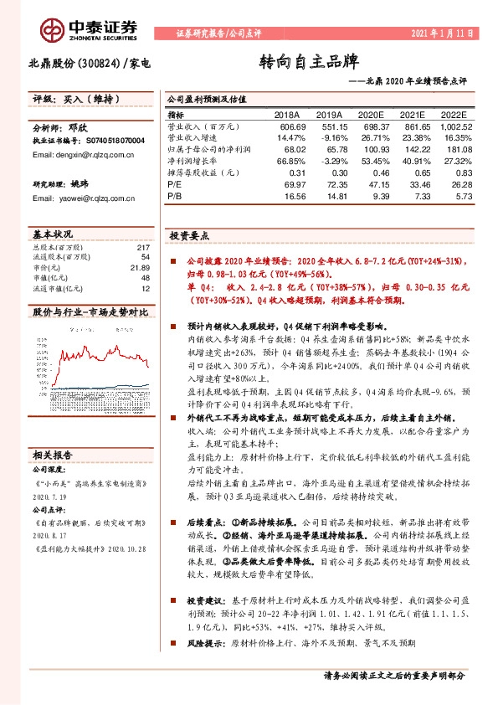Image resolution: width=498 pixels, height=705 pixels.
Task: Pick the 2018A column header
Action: (x=287, y=116)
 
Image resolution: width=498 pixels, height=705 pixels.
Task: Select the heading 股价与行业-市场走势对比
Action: (x=90, y=311)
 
